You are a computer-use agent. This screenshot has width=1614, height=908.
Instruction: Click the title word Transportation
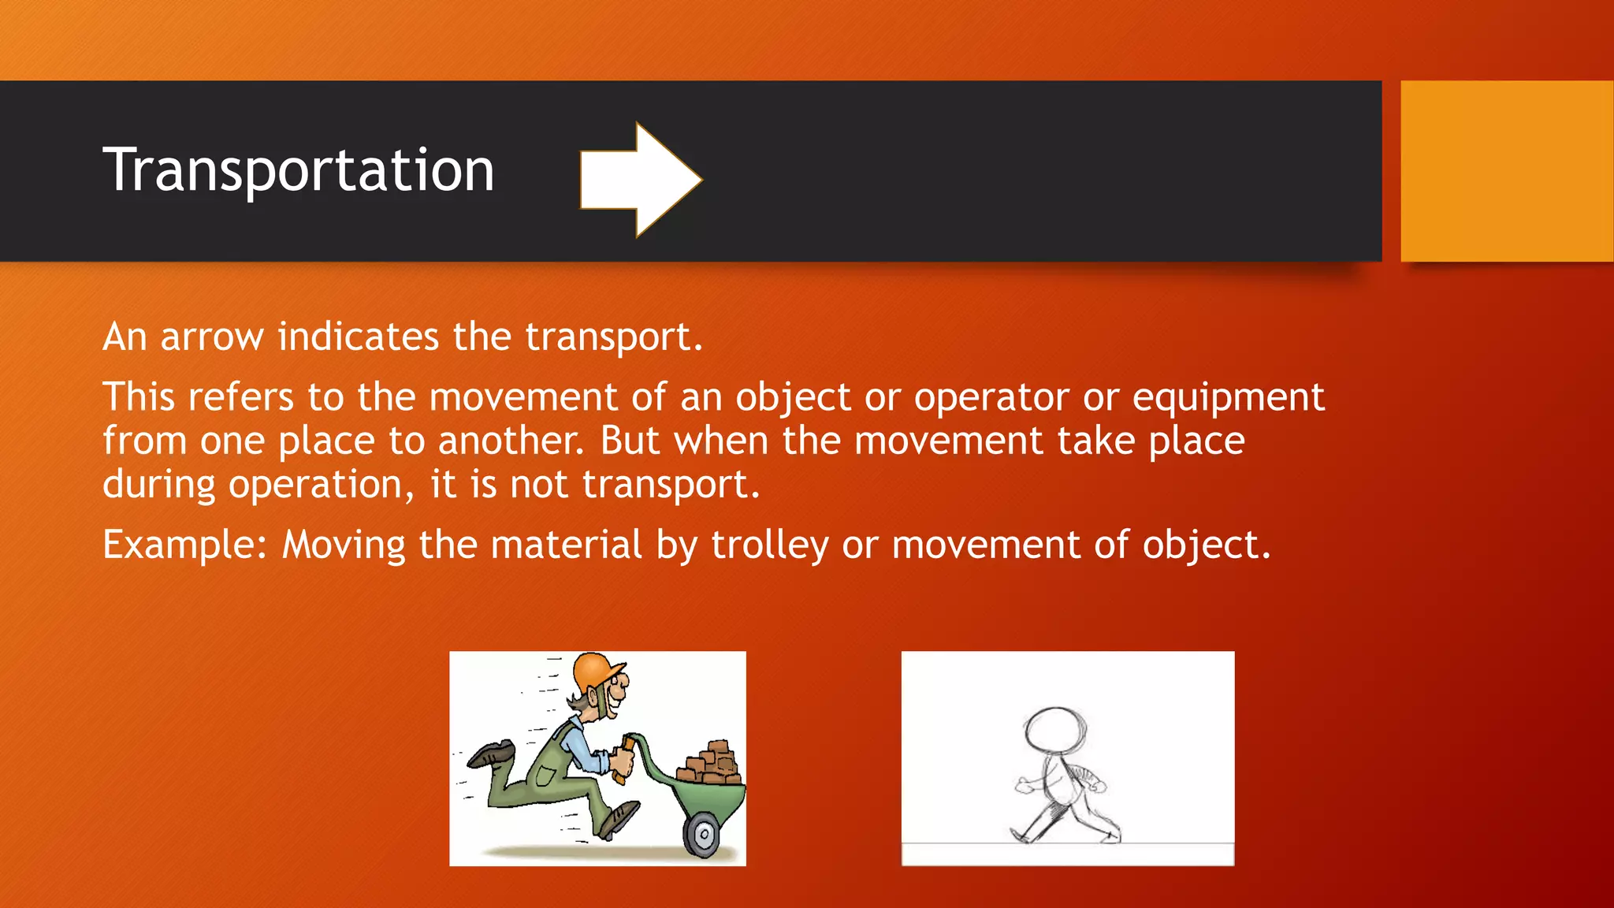[298, 170]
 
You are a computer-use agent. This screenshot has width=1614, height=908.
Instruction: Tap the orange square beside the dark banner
[1506, 171]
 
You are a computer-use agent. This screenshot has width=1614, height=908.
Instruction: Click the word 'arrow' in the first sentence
[212, 337]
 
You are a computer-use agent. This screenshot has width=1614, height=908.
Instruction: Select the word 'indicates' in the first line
[358, 337]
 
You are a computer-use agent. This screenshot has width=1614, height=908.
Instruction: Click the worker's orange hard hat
[597, 672]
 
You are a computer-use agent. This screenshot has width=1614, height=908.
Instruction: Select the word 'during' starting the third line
[158, 485]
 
